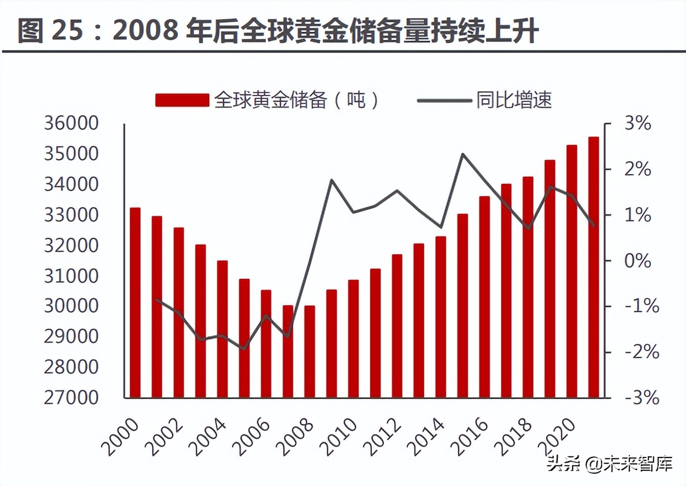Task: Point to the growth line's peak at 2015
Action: click(x=463, y=154)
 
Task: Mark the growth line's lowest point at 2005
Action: click(x=244, y=349)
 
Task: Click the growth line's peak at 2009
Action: click(x=331, y=180)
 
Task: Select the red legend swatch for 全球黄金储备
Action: click(x=182, y=100)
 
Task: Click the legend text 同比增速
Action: click(x=514, y=100)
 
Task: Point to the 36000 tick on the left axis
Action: click(x=71, y=124)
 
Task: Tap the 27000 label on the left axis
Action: click(x=71, y=397)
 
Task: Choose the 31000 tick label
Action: click(x=71, y=276)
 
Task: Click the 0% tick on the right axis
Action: click(x=638, y=261)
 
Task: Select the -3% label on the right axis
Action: click(x=642, y=398)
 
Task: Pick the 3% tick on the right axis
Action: click(x=638, y=124)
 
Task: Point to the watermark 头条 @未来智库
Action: click(x=608, y=465)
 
